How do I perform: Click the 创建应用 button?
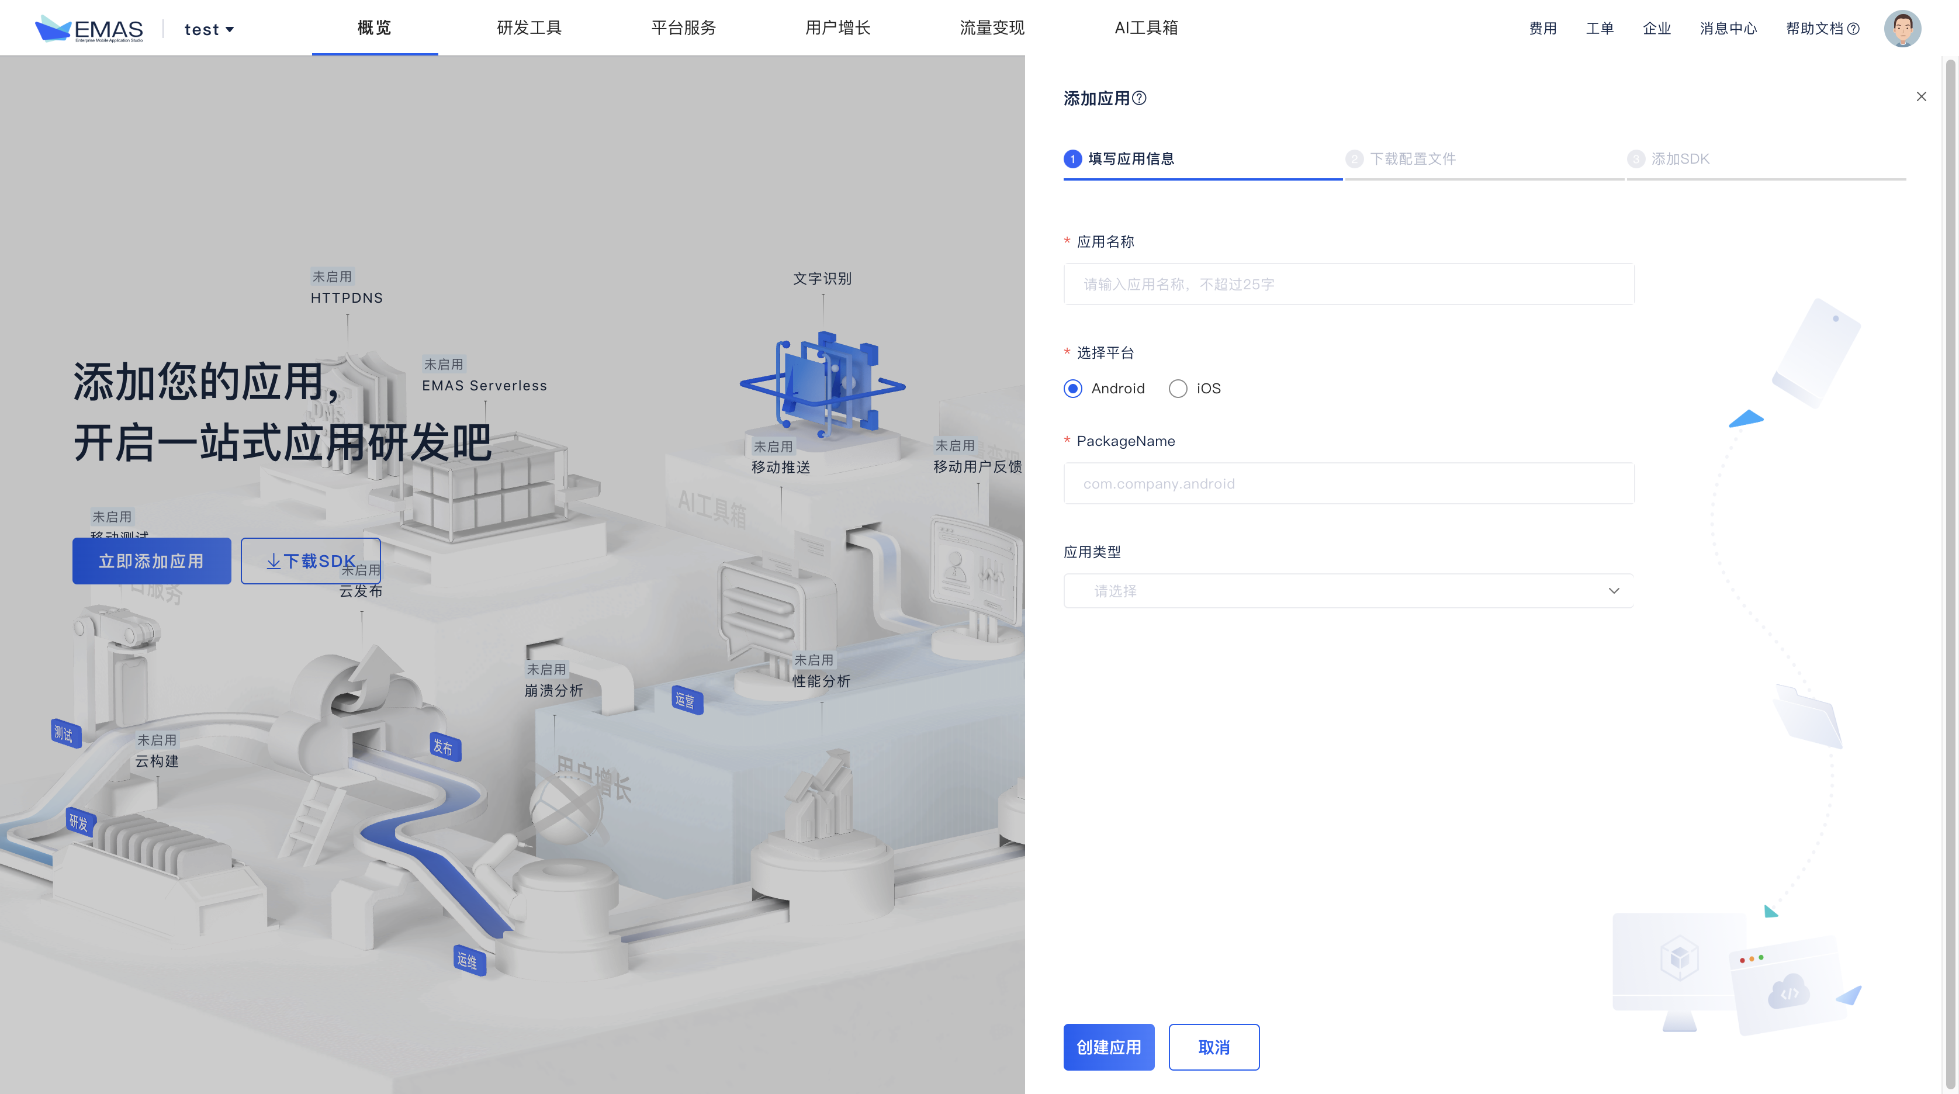pyautogui.click(x=1108, y=1047)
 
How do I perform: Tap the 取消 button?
pyautogui.click(x=1213, y=1047)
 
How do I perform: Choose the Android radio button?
pyautogui.click(x=1073, y=389)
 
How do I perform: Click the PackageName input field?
pyautogui.click(x=1348, y=483)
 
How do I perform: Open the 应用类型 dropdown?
pyautogui.click(x=1348, y=591)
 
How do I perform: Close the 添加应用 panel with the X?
pyautogui.click(x=1921, y=96)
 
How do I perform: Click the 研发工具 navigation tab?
pyautogui.click(x=528, y=28)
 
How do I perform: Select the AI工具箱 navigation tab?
pyautogui.click(x=1146, y=28)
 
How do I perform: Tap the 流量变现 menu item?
pyautogui.click(x=992, y=28)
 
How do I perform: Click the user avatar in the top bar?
pyautogui.click(x=1902, y=29)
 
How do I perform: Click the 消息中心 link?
pyautogui.click(x=1728, y=29)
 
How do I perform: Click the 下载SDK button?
pyautogui.click(x=310, y=561)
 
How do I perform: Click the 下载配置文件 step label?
pyautogui.click(x=1412, y=159)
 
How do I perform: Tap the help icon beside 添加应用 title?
pyautogui.click(x=1139, y=98)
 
